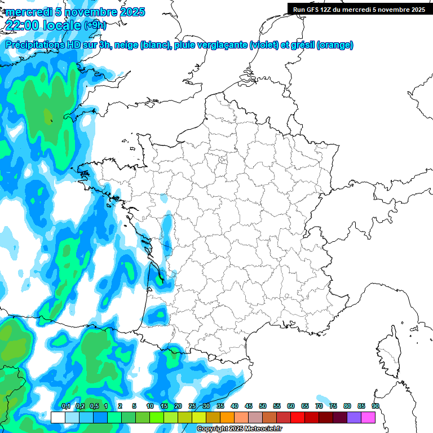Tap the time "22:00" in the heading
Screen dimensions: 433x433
tap(23, 25)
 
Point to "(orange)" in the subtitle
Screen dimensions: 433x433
tap(335, 45)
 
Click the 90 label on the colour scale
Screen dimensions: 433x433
tap(375, 406)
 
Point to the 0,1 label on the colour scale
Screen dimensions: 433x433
tap(65, 406)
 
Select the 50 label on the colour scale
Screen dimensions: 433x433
tap(262, 406)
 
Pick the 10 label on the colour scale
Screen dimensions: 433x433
tap(149, 406)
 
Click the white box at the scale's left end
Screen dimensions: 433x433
tap(58, 417)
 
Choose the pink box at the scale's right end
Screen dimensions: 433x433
tap(368, 417)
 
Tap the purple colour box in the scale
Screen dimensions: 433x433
tap(354, 417)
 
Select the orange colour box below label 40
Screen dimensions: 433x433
tap(227, 417)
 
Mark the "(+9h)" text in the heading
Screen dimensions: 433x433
tap(94, 25)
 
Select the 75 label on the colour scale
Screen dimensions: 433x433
tap(333, 406)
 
